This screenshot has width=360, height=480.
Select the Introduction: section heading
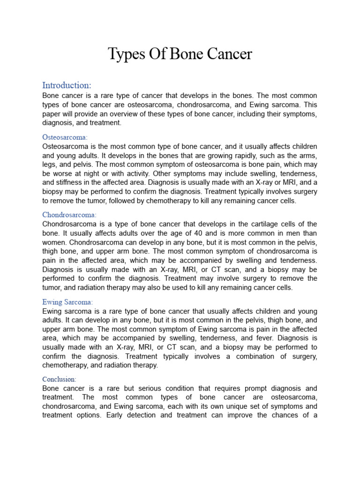(67, 85)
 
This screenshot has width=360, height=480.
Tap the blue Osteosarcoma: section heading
(65, 137)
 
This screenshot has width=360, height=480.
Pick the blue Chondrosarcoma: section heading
(69, 215)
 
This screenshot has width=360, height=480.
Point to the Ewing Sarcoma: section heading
(67, 302)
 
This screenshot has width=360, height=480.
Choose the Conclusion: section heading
(59, 379)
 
